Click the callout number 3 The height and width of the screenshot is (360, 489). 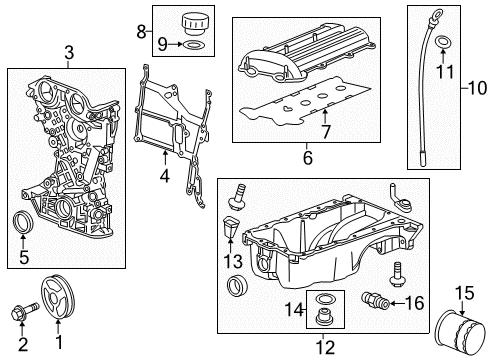[68, 53]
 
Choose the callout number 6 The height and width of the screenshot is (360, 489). [308, 158]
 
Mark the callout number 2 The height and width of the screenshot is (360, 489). [21, 343]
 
